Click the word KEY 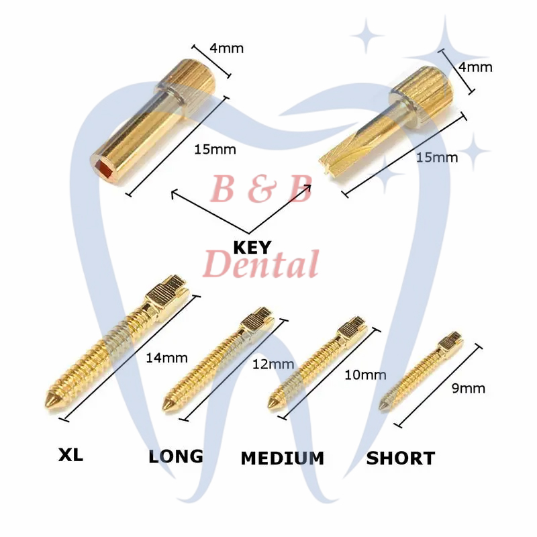(x=254, y=246)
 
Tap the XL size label (x=70, y=455)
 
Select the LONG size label (x=176, y=456)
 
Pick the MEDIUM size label (x=283, y=458)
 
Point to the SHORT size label (x=400, y=458)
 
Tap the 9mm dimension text (x=469, y=388)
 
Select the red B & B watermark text (x=261, y=189)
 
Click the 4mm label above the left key (x=226, y=48)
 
